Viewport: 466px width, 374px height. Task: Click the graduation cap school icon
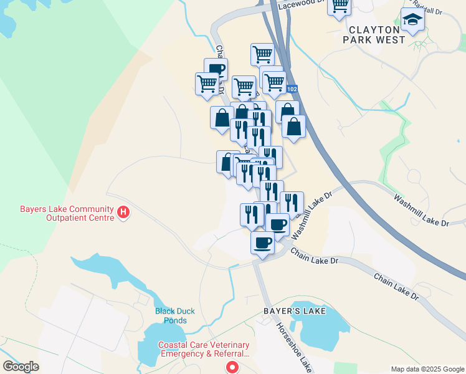point(412,21)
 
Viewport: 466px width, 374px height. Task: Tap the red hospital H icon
point(124,213)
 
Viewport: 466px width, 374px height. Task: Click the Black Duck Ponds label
point(171,315)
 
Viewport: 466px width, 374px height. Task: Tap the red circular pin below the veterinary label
point(232,368)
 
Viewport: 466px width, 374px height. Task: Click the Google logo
point(21,367)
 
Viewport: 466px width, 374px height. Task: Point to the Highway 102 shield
point(293,89)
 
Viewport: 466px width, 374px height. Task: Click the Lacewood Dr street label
point(303,3)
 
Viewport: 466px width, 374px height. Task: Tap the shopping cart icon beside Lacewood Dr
point(339,6)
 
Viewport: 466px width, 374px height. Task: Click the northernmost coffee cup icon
point(216,69)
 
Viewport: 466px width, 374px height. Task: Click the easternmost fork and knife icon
point(292,203)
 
